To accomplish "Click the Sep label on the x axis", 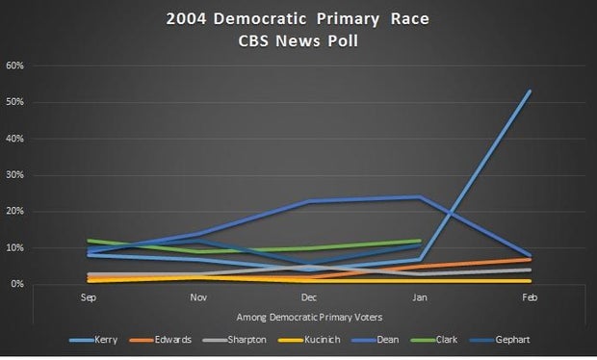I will click(x=88, y=299).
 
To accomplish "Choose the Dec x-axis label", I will click(x=308, y=299).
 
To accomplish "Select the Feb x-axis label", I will click(x=529, y=299).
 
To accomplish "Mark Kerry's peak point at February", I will click(x=530, y=91).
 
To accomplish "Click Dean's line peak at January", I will click(x=419, y=197).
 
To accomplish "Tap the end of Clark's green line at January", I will click(x=419, y=241).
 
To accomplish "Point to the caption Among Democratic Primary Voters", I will click(x=308, y=316).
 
